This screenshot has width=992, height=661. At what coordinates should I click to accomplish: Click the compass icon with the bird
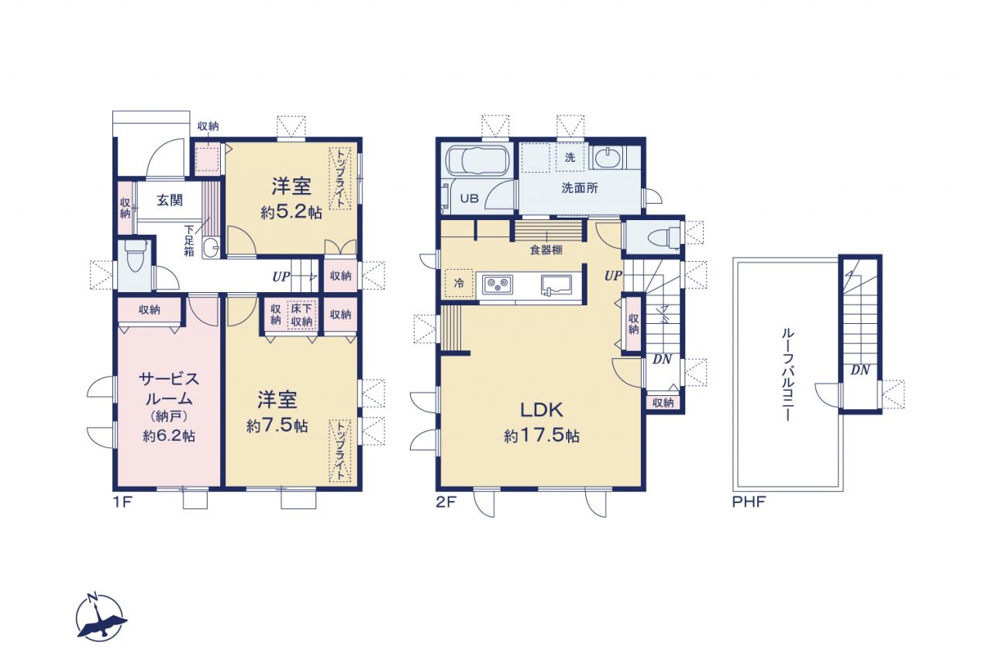pos(101,616)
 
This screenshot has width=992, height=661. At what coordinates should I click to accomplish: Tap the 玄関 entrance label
pos(170,200)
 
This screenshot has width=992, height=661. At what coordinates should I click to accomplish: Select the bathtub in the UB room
pos(477,160)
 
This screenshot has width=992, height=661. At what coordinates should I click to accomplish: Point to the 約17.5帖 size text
pos(542,436)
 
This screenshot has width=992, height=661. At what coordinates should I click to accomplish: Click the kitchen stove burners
pos(498,284)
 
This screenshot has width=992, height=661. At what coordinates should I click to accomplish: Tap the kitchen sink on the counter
pos(556,284)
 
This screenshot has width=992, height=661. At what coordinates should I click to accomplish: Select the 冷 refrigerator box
pos(460,283)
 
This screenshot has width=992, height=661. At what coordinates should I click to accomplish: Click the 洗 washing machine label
pos(570,157)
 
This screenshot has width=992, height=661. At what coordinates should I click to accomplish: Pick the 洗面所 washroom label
pos(580,188)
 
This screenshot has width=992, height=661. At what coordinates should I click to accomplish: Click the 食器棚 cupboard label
pos(546,250)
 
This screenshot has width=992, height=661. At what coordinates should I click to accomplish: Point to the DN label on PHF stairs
pos(860,370)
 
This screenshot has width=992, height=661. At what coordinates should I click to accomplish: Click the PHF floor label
pos(749,502)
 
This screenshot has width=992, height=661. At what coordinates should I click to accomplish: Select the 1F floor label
pos(122,502)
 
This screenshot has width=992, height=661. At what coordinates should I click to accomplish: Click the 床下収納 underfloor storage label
pos(301,315)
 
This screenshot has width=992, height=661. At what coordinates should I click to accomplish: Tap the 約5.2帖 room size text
pos(291,212)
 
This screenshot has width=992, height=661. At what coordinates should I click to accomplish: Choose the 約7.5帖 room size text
pos(277,426)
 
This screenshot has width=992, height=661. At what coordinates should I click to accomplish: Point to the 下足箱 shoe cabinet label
pos(189,241)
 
